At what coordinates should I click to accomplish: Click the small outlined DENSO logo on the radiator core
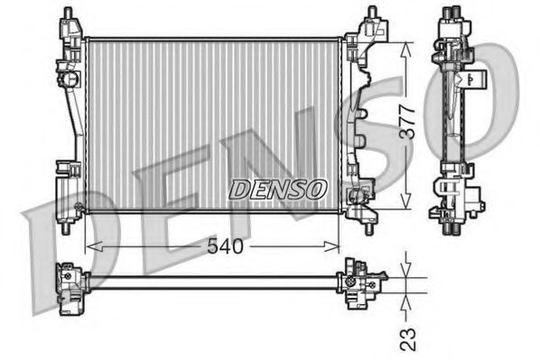[x=276, y=189]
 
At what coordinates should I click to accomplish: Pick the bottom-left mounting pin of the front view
[x=65, y=226]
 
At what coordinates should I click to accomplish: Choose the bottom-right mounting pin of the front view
[x=371, y=226]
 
